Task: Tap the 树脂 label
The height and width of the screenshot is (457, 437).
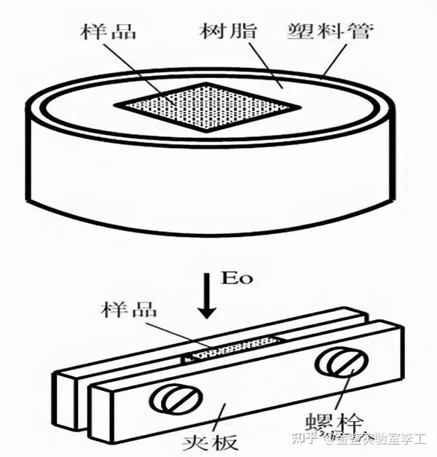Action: [x=221, y=32]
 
